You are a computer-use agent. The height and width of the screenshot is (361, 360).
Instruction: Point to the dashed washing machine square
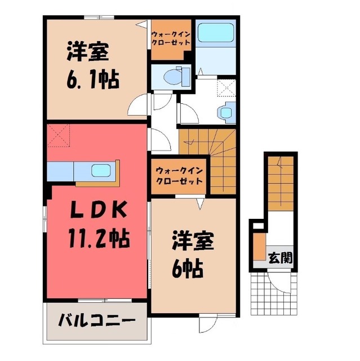click(x=226, y=86)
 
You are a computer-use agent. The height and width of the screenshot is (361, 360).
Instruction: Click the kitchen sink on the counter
click(x=101, y=170)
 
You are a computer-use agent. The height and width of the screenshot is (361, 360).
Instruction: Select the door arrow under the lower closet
click(x=199, y=202)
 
